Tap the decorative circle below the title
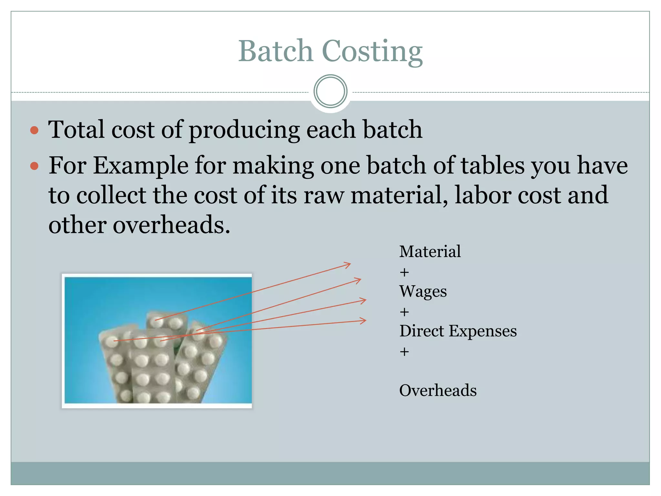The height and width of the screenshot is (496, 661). pos(330,91)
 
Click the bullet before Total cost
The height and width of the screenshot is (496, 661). pos(34,130)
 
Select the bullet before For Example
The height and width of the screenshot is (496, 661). pos(34,166)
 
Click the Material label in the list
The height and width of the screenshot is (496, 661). pos(430,252)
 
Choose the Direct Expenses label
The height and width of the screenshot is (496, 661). pos(458,331)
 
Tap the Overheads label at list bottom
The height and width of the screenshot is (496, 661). pos(438,391)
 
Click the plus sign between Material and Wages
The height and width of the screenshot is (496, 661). pos(404,273)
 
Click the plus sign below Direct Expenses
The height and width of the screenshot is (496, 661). pos(404,352)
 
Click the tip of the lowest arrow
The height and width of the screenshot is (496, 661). pos(366,321)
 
